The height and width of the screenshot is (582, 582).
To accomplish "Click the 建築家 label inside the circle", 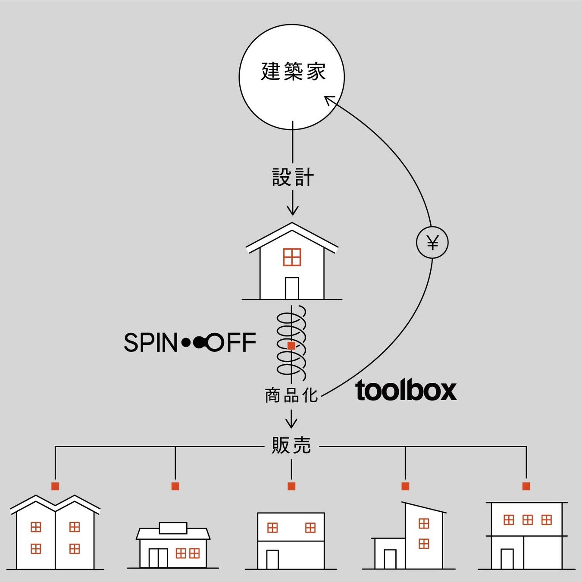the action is point(293,71).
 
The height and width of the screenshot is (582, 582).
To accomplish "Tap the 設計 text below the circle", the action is point(293,177).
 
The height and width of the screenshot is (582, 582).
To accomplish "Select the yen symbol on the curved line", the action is point(432,243).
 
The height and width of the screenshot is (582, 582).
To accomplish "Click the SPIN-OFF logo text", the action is point(190,342).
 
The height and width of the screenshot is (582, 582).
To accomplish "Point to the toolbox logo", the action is point(406,390).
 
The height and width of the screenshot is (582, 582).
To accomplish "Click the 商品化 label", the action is point(291,395).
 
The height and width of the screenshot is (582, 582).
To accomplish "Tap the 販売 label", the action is point(291,446).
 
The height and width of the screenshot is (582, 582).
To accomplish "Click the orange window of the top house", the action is point(292,257).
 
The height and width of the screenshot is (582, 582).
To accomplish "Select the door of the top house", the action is point(292,288).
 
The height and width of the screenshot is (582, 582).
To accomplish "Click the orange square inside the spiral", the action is point(291,346).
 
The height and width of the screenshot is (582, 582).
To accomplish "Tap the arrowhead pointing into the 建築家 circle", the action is point(329,101).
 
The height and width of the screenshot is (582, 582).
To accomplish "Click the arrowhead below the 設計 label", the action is point(292,210).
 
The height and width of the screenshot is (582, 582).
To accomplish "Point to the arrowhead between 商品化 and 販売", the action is point(291,423).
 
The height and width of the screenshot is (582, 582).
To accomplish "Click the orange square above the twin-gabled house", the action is point(55,486).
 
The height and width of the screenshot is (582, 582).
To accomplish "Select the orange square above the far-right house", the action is point(526,486).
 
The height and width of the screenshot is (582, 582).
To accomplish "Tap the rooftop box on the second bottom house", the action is point(173,528).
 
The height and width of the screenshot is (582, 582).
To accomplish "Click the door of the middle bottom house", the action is point(272,560).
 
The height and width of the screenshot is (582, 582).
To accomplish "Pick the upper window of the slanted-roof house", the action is point(424,523).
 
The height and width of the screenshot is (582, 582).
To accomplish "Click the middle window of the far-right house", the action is point(528,520).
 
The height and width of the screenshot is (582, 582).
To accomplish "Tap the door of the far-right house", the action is point(507,559).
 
